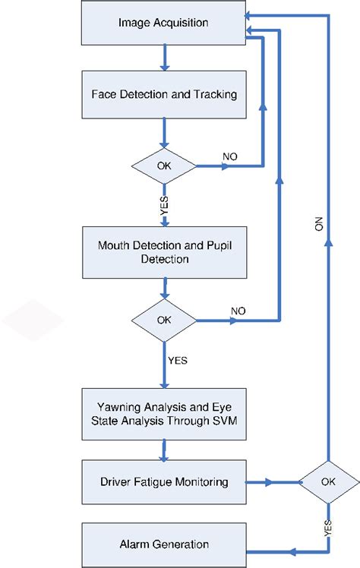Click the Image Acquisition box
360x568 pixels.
click(164, 23)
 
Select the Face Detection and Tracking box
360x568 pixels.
click(164, 95)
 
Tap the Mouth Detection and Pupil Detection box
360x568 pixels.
click(164, 251)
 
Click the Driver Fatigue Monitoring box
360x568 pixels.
click(164, 481)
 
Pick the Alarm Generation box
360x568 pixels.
click(164, 544)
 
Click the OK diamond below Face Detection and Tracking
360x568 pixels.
click(164, 164)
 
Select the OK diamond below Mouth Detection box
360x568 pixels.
click(164, 320)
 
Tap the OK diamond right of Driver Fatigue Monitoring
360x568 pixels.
click(327, 481)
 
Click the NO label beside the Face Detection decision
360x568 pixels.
click(230, 156)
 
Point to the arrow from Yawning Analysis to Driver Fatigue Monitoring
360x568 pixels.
click(164, 450)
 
